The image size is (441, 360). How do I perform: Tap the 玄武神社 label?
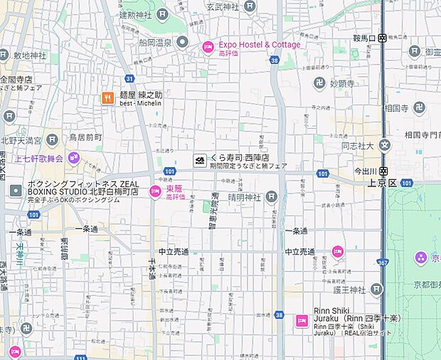click(223, 6)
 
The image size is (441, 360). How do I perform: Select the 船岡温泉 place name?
click(154, 43)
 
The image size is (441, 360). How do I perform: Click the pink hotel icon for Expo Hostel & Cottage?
click(208, 47)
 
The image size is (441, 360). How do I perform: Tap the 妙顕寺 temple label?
click(342, 83)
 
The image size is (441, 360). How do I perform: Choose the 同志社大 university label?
click(357, 145)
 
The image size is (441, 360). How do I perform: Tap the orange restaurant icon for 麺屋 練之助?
click(107, 97)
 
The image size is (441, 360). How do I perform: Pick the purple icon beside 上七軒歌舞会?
click(74, 158)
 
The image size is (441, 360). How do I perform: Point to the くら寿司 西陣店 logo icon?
click(200, 161)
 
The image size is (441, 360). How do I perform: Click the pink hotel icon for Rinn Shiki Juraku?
click(302, 321)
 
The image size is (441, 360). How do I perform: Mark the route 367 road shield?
click(383, 263)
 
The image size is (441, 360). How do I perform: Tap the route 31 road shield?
click(129, 78)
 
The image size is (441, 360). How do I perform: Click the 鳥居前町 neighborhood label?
click(85, 137)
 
